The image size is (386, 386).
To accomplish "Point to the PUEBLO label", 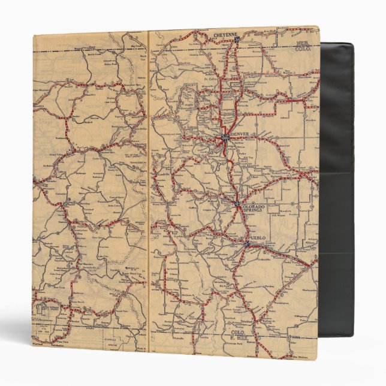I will tap(256, 239).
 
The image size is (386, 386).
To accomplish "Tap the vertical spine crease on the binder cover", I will tap(147, 192).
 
